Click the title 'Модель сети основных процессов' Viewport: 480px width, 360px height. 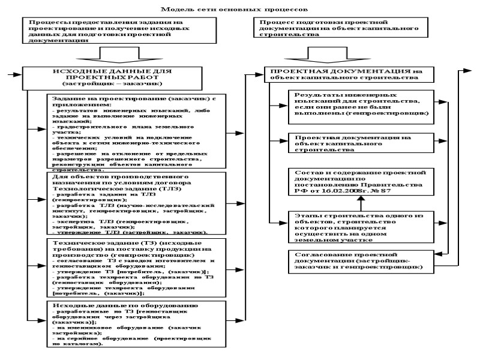coord(239,10)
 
